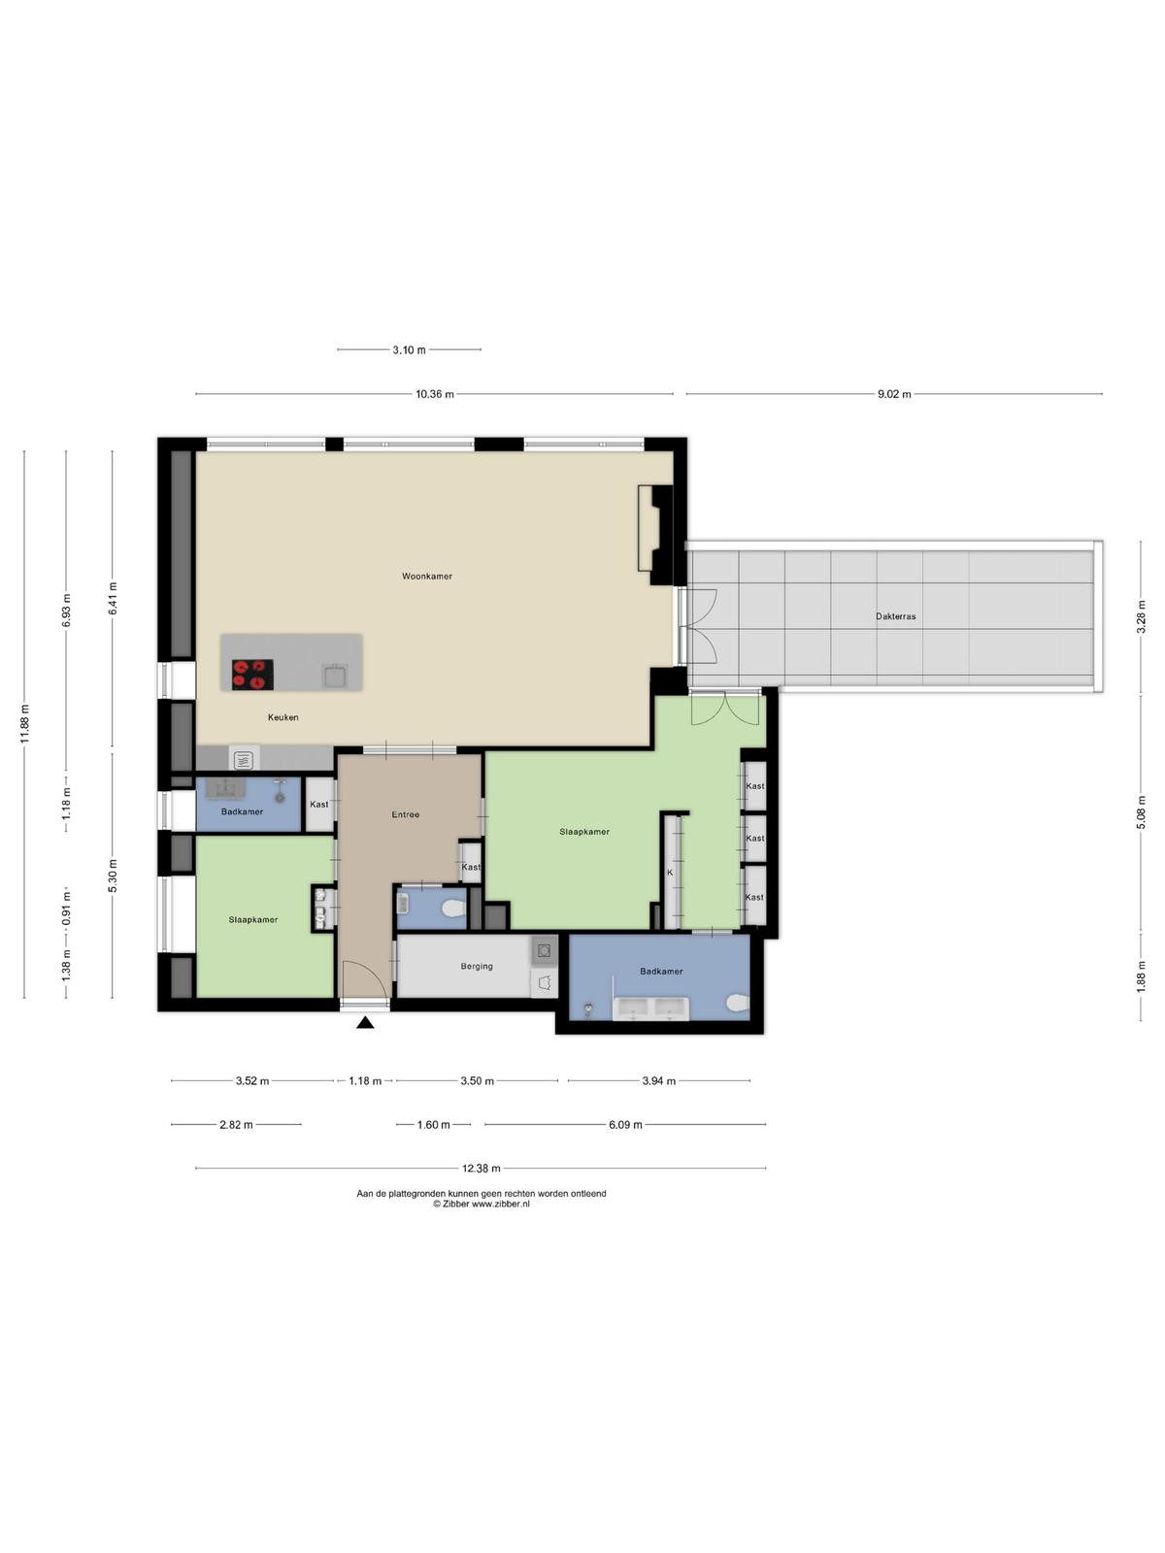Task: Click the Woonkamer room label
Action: pos(426,576)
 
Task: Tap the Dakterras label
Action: pos(895,616)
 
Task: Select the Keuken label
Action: pos(283,717)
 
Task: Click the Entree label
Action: pos(405,814)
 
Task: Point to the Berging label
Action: pos(477,966)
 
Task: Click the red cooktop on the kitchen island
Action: pos(252,674)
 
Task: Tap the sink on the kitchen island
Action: pos(335,675)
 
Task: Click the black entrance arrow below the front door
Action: pos(365,1022)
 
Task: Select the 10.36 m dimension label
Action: pos(434,394)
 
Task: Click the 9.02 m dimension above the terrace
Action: pos(894,394)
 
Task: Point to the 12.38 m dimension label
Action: pos(481,1168)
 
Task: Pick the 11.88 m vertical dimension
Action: pos(24,724)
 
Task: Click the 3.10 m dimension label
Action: pos(410,349)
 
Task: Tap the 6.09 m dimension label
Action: pos(625,1124)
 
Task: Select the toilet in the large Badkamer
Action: pos(737,1004)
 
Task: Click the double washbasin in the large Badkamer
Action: pos(650,1008)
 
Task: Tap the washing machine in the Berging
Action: pos(544,949)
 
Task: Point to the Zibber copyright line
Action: pos(481,1204)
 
